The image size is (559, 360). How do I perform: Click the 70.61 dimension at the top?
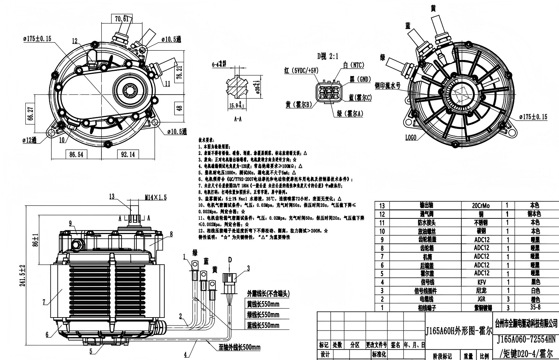tap(121, 19)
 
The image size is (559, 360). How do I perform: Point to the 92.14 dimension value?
tap(127, 154)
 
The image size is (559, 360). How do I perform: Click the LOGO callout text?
tap(411, 138)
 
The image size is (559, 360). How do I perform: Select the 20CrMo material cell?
tap(481, 205)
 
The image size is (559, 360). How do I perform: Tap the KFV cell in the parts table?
tap(481, 282)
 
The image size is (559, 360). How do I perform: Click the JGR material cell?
tap(481, 299)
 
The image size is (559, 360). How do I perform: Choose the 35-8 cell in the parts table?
tap(535, 308)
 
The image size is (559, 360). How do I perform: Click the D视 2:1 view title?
tap(328, 56)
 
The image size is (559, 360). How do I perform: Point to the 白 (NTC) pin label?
tap(354, 65)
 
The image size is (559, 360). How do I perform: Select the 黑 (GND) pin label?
tap(360, 79)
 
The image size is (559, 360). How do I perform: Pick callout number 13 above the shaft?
tap(112, 197)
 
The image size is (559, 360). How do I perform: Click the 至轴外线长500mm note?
tap(240, 348)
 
